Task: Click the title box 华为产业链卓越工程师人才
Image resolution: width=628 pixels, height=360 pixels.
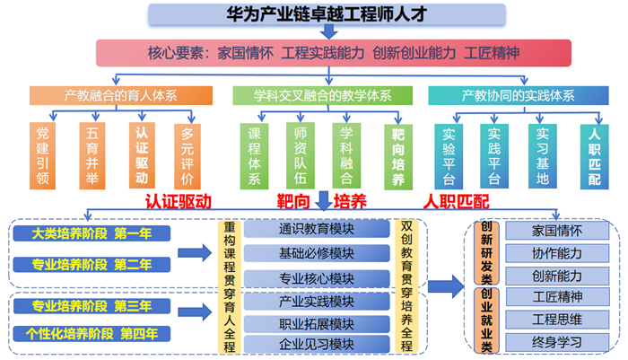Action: coord(327,14)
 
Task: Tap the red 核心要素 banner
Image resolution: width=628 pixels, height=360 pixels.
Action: coord(334,53)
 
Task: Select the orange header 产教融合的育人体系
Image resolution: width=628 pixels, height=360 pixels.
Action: coord(121,96)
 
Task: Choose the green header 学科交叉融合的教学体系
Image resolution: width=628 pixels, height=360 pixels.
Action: coord(323,96)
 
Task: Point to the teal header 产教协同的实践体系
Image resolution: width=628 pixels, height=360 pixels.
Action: coord(519,96)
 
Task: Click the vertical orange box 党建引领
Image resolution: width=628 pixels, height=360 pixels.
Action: coord(42,155)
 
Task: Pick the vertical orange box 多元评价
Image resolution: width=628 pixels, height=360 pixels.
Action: coord(188,156)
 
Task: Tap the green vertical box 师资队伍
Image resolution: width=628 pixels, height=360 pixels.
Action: coord(301,155)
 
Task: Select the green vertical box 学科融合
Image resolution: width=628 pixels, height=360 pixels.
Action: coord(346,155)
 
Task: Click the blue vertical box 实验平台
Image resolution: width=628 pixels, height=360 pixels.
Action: coord(449,156)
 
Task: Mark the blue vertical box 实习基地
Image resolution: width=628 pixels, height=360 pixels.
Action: coord(543,156)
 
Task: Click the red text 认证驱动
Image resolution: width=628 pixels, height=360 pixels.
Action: coord(179,202)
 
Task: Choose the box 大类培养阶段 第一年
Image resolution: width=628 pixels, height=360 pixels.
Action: coord(92,233)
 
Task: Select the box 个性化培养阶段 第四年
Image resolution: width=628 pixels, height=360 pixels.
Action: coord(92,334)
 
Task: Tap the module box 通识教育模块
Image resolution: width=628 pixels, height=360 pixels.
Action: coord(317,229)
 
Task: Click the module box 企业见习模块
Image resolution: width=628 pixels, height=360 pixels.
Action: coord(317,345)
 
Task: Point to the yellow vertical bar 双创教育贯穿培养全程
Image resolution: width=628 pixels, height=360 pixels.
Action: coord(406,286)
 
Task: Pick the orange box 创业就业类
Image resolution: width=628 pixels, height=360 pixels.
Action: coord(486,320)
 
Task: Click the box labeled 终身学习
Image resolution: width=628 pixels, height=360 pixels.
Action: coord(557,342)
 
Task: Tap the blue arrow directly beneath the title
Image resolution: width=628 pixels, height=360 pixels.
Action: coord(329,31)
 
